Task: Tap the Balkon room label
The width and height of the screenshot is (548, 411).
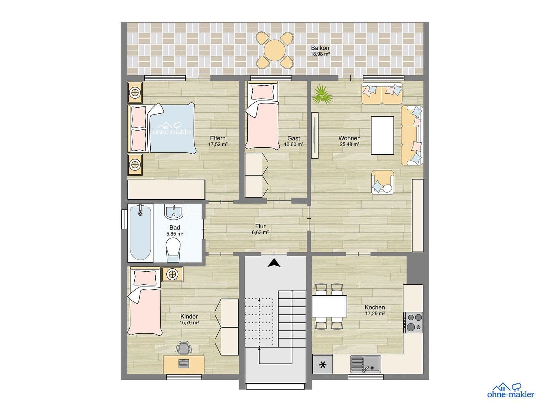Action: click(320, 48)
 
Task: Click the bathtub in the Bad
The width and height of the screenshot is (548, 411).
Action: click(140, 233)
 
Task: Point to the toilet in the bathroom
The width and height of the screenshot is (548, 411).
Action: click(174, 248)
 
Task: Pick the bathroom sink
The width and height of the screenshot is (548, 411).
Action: click(174, 212)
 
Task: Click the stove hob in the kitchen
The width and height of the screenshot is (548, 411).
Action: click(413, 322)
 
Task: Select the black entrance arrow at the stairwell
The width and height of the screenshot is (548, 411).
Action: click(274, 263)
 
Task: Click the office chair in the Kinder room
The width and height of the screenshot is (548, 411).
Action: click(184, 347)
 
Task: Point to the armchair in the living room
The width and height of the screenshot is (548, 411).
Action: click(383, 182)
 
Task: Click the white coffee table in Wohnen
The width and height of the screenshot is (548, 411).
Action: click(382, 135)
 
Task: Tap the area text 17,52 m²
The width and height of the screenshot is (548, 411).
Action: click(218, 145)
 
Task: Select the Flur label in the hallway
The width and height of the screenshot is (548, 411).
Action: click(260, 226)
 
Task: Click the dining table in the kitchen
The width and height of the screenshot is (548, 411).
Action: click(330, 306)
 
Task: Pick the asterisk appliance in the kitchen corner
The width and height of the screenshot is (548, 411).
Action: click(323, 365)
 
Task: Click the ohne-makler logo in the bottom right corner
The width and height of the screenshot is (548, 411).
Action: click(510, 390)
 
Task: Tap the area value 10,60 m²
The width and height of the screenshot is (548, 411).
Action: click(293, 145)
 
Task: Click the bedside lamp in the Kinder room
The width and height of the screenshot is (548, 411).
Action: click(172, 274)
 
